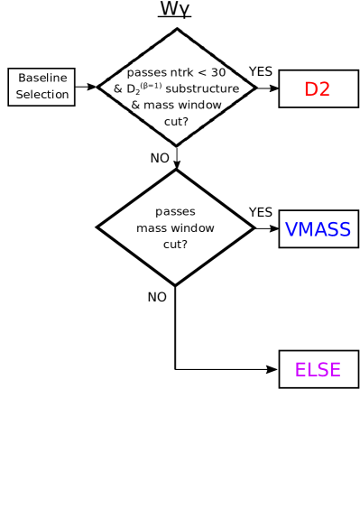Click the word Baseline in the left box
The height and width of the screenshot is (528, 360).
coord(42,79)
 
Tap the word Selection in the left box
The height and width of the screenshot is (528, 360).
coord(42,95)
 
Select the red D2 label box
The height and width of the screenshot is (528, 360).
coord(318,89)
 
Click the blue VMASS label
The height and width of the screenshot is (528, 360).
coord(318,229)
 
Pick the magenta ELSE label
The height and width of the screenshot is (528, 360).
coord(318,370)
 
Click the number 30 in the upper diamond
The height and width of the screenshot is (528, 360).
coord(218,72)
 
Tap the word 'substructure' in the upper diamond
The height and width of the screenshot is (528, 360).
coord(203,88)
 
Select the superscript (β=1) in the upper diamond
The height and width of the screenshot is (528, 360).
coord(151,85)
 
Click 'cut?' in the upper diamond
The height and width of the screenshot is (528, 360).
coord(177,121)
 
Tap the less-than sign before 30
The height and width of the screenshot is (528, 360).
coord(204,72)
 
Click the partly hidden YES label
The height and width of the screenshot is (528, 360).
coord(254,71)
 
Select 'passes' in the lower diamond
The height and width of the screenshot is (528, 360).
coord(175,212)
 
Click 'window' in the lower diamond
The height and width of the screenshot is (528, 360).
coord(193,228)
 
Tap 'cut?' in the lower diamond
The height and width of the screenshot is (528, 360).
coord(175,245)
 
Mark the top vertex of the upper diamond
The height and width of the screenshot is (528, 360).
coord(177,30)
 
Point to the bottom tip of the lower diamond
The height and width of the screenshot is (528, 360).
coord(175,283)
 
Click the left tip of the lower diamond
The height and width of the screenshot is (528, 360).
coord(100,228)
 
